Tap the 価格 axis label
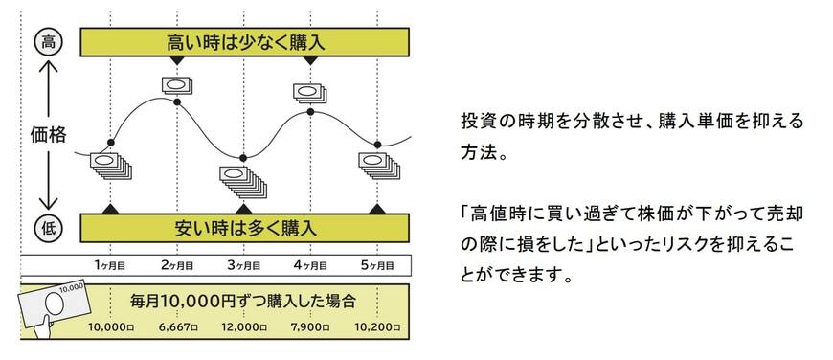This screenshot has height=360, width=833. [45, 135]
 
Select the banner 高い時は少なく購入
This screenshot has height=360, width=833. [245, 41]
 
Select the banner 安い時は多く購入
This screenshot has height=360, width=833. [245, 228]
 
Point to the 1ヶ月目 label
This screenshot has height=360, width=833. [111, 262]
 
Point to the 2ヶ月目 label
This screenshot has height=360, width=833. [177, 262]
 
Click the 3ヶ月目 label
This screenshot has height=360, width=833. [244, 262]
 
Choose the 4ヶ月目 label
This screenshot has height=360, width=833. [310, 262]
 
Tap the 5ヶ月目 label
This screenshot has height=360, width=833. [377, 262]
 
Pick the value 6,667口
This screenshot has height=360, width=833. [177, 327]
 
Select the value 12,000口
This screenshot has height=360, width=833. [243, 327]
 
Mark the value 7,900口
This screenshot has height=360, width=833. [310, 327]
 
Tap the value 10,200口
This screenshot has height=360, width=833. [377, 327]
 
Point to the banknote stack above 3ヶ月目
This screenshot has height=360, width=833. [240, 178]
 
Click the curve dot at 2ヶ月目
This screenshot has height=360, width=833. [177, 101]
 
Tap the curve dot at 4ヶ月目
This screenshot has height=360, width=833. [310, 113]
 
